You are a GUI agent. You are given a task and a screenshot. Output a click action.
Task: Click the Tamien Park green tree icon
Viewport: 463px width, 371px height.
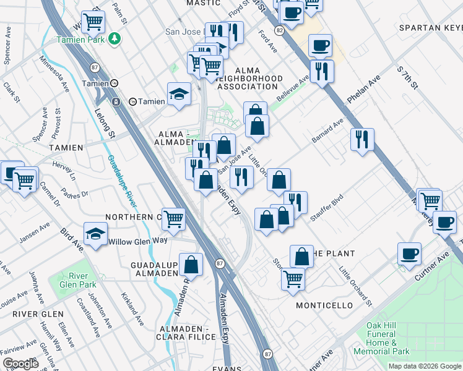(113, 39)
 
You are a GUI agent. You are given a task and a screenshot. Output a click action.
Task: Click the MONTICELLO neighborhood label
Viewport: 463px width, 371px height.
(324, 305)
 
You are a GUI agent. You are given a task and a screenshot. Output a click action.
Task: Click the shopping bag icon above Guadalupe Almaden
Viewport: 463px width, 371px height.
(192, 263)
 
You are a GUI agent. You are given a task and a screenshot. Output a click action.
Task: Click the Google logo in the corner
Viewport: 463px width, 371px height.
(20, 363)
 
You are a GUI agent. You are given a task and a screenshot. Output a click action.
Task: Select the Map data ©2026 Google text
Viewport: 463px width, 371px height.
(425, 366)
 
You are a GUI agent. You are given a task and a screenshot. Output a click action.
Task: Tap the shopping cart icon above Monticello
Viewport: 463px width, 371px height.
(293, 277)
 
